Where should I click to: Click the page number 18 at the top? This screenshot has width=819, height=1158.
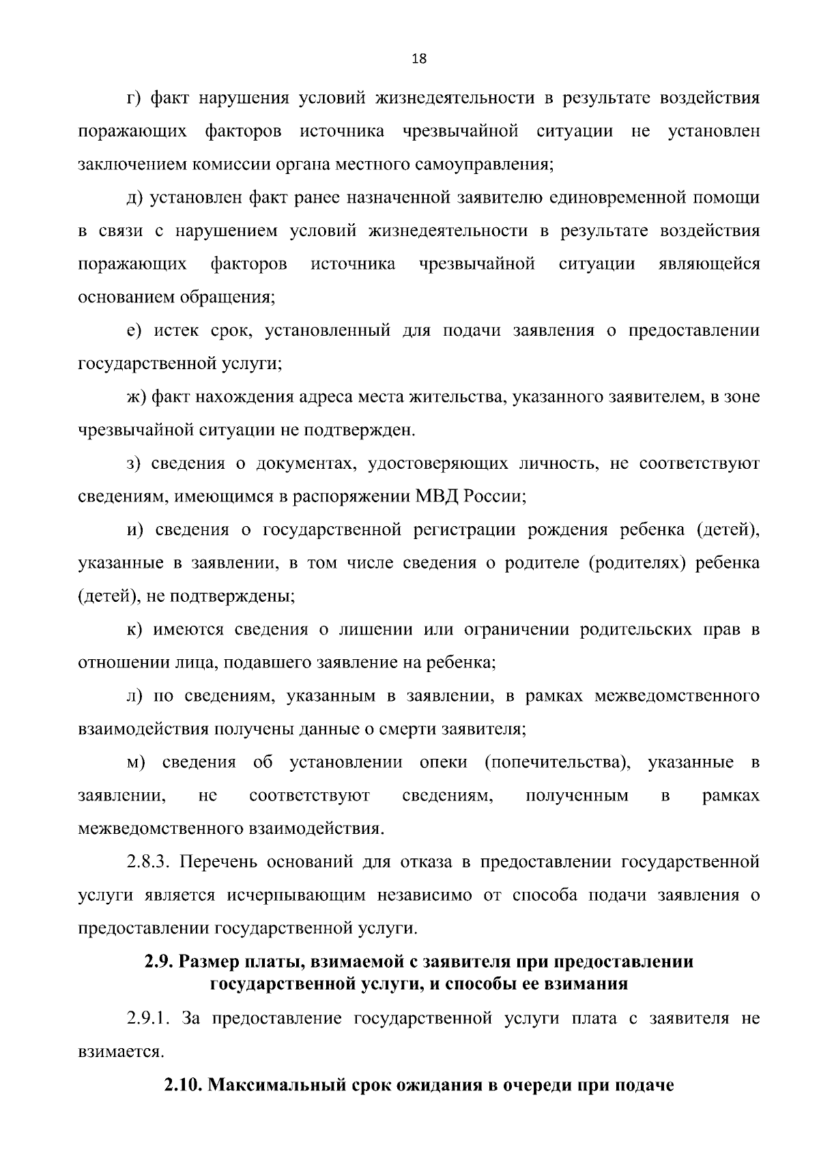(x=419, y=59)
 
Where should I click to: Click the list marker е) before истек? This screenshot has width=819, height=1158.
(x=134, y=331)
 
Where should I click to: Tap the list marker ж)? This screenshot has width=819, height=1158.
(x=136, y=397)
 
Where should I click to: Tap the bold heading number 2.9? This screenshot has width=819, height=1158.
(x=158, y=962)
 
